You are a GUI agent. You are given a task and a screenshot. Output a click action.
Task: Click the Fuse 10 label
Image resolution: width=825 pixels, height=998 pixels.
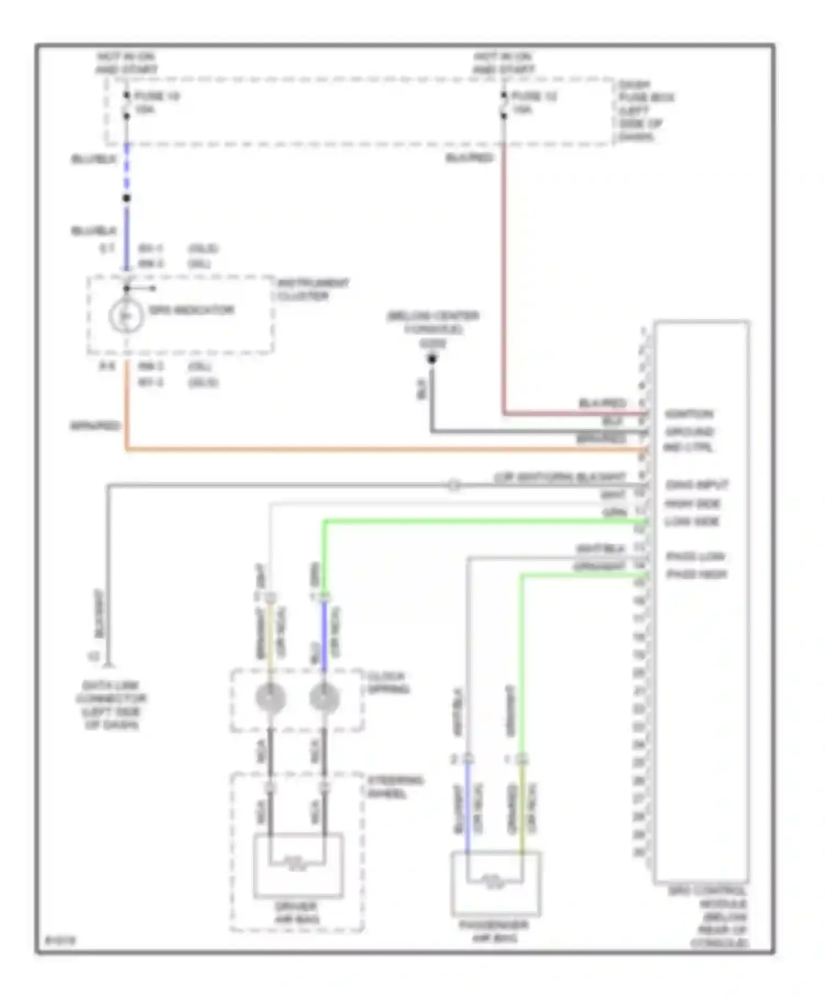pos(157,96)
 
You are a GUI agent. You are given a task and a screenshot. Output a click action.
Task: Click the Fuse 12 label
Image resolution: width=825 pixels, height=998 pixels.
pos(534,96)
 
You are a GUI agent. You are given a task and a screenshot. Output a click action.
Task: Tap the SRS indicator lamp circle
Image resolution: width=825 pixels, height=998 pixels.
pos(126,316)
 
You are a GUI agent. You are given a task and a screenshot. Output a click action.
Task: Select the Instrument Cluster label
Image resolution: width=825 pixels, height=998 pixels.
pos(312,289)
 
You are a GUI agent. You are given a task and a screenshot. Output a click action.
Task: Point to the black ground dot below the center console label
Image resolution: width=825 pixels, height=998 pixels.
pos(432,359)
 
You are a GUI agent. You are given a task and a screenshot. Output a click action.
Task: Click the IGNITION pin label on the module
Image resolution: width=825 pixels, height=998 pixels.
pos(689,414)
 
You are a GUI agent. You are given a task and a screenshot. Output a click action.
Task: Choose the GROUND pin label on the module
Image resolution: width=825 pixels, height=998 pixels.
pos(690,431)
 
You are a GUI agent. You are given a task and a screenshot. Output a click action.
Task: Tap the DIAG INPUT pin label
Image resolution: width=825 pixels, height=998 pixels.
pos(697,485)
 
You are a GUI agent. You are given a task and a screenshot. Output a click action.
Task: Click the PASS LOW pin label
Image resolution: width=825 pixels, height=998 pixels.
pos(696,557)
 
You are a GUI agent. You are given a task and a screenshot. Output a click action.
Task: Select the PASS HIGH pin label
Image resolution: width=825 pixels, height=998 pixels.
pos(697,574)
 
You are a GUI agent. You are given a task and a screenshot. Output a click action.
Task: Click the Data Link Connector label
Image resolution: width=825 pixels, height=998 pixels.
pos(111,705)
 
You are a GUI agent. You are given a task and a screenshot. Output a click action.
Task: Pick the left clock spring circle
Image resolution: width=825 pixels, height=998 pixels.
pos(271,698)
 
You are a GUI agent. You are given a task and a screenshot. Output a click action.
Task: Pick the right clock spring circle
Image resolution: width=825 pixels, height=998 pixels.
pos(324,698)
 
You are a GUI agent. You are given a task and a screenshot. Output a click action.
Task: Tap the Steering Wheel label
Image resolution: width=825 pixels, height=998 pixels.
pos(395,787)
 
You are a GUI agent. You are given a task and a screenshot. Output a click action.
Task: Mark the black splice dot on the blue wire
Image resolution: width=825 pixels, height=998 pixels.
pos(127,198)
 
